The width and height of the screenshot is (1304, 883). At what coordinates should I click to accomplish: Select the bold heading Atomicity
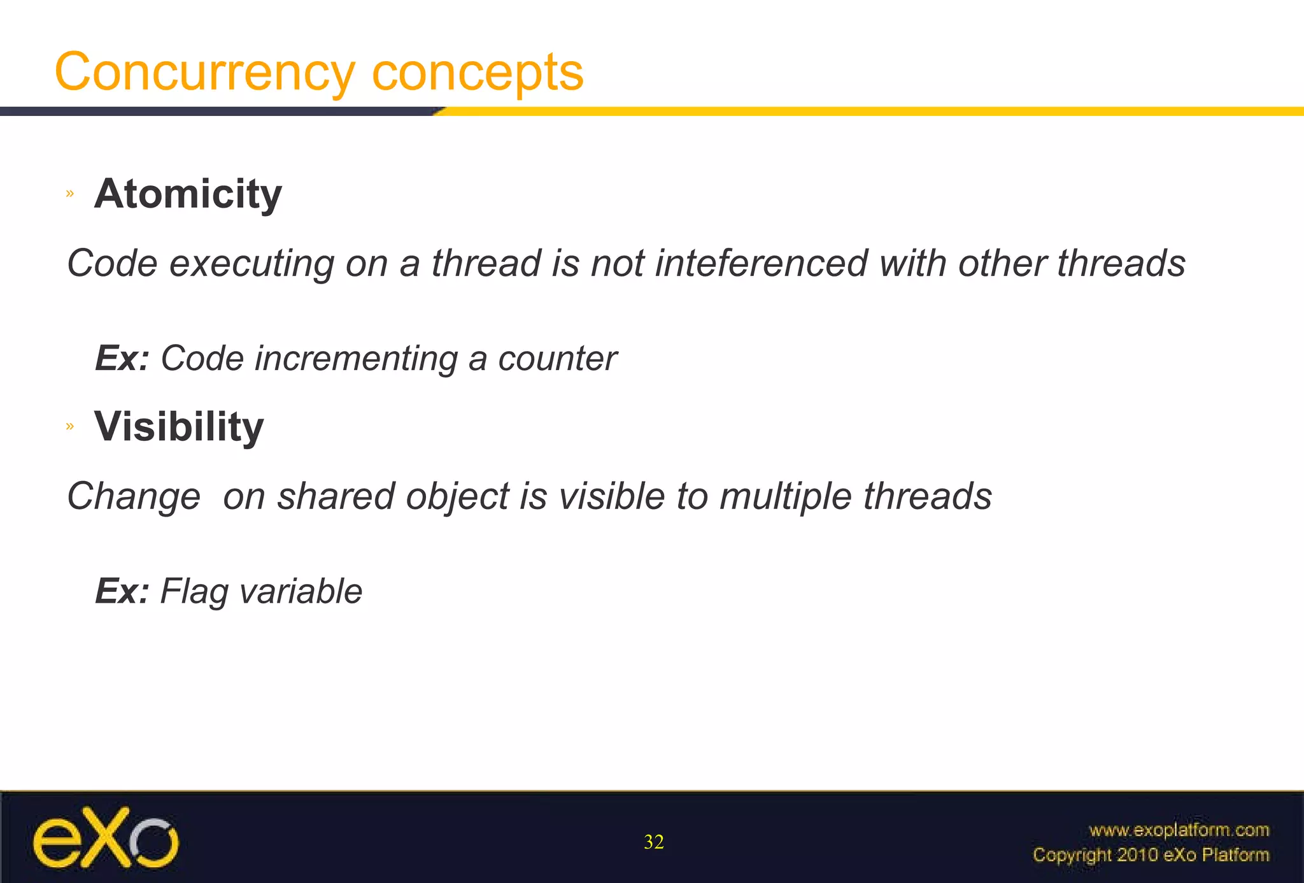[x=188, y=194]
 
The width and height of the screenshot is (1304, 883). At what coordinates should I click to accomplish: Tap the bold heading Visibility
[x=179, y=426]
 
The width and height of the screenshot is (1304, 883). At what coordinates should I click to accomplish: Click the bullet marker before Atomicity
[x=70, y=194]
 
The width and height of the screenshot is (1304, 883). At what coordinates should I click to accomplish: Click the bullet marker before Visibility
[x=70, y=426]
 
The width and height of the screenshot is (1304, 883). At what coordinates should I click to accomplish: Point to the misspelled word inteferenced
[x=761, y=263]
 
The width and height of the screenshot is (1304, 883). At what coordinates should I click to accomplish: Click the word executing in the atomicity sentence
[x=252, y=264]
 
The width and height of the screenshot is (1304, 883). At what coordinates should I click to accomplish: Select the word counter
[x=557, y=359]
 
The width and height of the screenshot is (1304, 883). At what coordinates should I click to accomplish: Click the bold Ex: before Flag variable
[x=122, y=591]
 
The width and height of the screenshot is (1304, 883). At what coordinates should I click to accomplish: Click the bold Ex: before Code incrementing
[x=122, y=359]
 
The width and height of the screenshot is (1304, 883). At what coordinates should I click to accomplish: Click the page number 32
[x=654, y=842]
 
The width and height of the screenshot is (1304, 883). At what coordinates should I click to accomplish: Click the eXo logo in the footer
[x=105, y=838]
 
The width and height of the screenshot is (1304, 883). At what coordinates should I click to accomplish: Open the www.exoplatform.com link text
[x=1179, y=830]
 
